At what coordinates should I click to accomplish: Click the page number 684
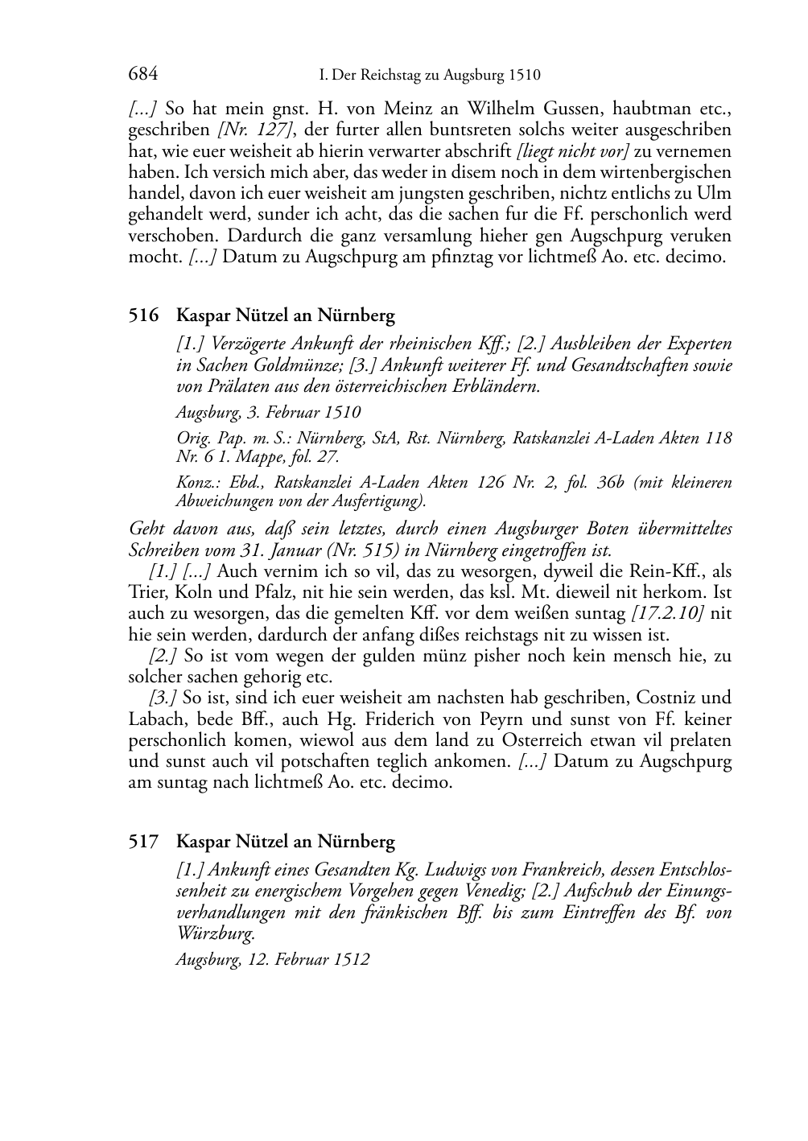point(142,75)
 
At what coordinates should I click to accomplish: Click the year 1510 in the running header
point(523,76)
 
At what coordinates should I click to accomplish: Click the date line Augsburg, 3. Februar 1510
point(268,412)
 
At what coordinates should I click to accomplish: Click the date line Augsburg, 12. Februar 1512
point(272,959)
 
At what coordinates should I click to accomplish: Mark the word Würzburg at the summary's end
point(213,934)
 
